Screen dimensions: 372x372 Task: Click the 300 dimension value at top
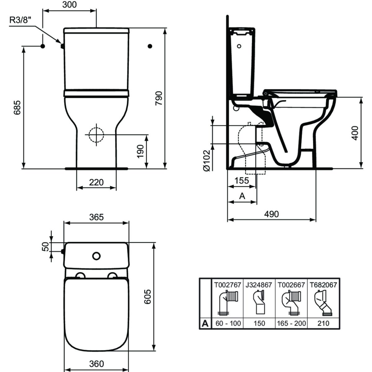(69, 4)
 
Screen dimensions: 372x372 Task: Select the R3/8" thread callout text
(20, 20)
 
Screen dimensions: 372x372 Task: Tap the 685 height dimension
(17, 108)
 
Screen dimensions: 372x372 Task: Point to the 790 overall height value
(159, 98)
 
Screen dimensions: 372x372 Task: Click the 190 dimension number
(140, 151)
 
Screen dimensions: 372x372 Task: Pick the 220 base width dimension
(96, 182)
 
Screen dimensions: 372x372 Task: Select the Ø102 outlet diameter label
(206, 160)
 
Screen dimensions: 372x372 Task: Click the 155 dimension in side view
(242, 181)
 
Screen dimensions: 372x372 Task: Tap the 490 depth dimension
(272, 214)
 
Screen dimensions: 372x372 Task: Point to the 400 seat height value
(355, 133)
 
